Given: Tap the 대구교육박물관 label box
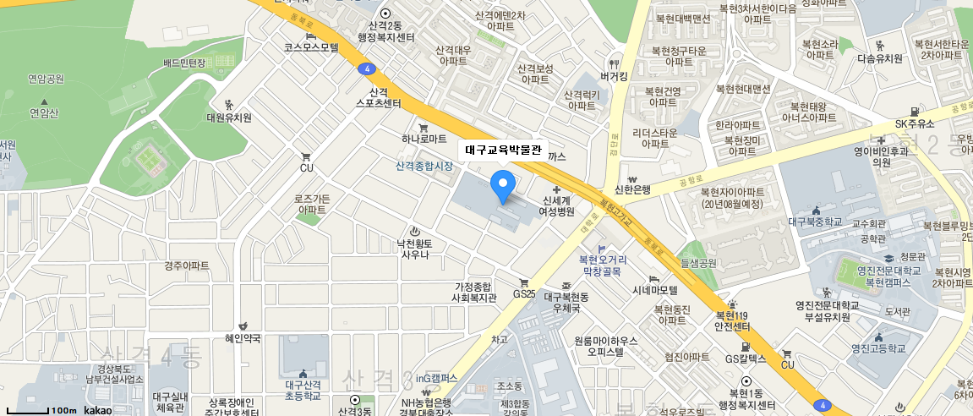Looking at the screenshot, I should tap(504, 150).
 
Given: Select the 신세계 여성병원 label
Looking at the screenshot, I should tap(558, 205).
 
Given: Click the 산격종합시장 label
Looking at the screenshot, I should tap(424, 166).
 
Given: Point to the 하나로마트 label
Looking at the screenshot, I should tap(424, 138).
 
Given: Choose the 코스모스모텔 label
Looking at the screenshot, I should tap(310, 47).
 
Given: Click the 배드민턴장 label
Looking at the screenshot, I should tap(184, 63).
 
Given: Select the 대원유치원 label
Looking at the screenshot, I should tap(229, 118).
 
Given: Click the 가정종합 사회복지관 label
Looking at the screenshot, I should tap(473, 293).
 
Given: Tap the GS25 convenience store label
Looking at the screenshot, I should tap(524, 293).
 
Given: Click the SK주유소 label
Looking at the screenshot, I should tap(915, 123).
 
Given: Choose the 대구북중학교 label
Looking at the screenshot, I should tap(816, 222).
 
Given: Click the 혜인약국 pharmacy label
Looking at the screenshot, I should tap(243, 338).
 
